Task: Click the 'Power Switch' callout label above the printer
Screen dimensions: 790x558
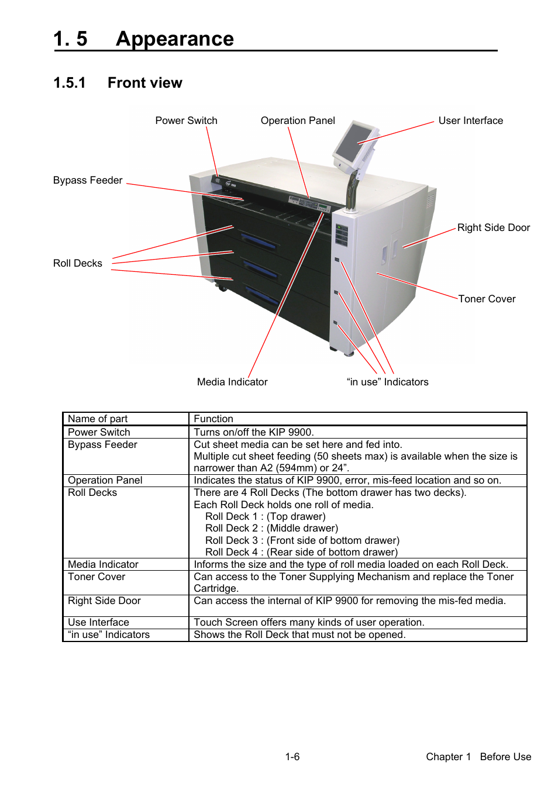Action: click(186, 120)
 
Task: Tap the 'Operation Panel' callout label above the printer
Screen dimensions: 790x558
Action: click(298, 120)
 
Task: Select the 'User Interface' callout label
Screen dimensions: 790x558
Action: click(470, 120)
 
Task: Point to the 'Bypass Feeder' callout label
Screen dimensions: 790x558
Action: click(88, 180)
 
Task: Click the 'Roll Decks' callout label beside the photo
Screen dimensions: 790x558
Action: click(77, 263)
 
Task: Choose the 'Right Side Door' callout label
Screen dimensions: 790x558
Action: click(493, 227)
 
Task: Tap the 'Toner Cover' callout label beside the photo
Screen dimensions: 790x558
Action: click(487, 299)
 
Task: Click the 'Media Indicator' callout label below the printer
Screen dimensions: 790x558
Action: click(232, 382)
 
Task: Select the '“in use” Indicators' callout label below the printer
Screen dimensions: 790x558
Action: click(387, 382)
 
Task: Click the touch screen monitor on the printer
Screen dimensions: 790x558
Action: click(353, 142)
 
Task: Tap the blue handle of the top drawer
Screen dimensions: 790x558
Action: click(258, 241)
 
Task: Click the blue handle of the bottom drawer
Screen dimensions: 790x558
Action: click(261, 295)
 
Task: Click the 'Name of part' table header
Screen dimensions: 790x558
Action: click(98, 419)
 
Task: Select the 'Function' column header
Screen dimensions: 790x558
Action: click(213, 419)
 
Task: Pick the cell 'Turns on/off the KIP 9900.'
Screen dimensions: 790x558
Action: click(254, 432)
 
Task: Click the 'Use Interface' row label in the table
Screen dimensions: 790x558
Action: click(98, 622)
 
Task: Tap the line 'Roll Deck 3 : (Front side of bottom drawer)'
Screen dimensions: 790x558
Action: click(302, 540)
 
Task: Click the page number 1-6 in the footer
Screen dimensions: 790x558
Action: click(292, 757)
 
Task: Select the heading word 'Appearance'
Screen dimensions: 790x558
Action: click(175, 39)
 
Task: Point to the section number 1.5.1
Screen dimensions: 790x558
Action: click(69, 83)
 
